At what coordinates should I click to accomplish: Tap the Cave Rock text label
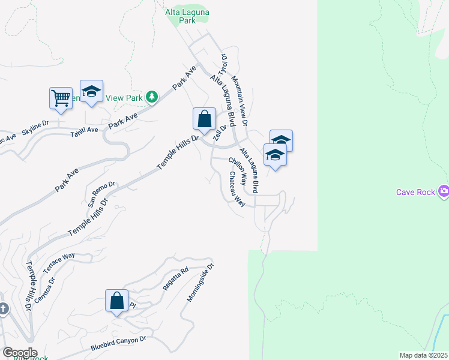(415, 192)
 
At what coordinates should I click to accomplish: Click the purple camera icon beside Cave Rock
(444, 191)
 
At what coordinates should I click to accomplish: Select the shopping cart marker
(61, 97)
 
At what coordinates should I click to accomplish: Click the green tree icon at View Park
(152, 97)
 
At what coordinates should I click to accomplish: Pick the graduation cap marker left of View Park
(91, 91)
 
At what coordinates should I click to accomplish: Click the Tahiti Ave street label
(83, 130)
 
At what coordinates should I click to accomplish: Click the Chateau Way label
(236, 190)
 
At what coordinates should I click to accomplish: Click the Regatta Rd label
(176, 279)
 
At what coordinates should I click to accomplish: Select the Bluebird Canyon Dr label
(118, 344)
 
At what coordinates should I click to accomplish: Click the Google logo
(19, 353)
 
